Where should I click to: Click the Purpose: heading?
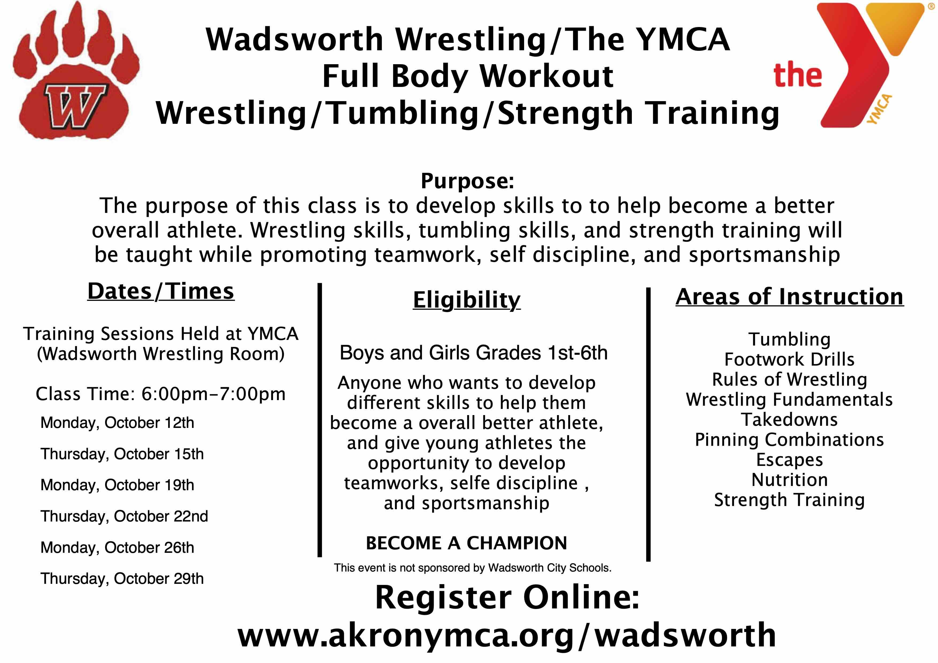pyautogui.click(x=467, y=181)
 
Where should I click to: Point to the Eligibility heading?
pyautogui.click(x=467, y=300)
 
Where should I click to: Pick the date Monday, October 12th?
pyautogui.click(x=117, y=423)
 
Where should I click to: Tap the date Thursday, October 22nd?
pyautogui.click(x=124, y=516)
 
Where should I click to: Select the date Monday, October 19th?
pyautogui.click(x=117, y=485)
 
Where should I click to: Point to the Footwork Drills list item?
pyautogui.click(x=789, y=359)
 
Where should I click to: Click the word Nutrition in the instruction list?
pyautogui.click(x=790, y=480)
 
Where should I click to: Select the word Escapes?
pyautogui.click(x=790, y=460)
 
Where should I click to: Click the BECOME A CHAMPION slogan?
pyautogui.click(x=467, y=543)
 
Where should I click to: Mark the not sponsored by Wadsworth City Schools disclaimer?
pyautogui.click(x=473, y=568)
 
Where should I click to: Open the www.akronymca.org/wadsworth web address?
pyautogui.click(x=507, y=636)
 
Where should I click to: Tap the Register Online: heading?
pyautogui.click(x=507, y=597)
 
